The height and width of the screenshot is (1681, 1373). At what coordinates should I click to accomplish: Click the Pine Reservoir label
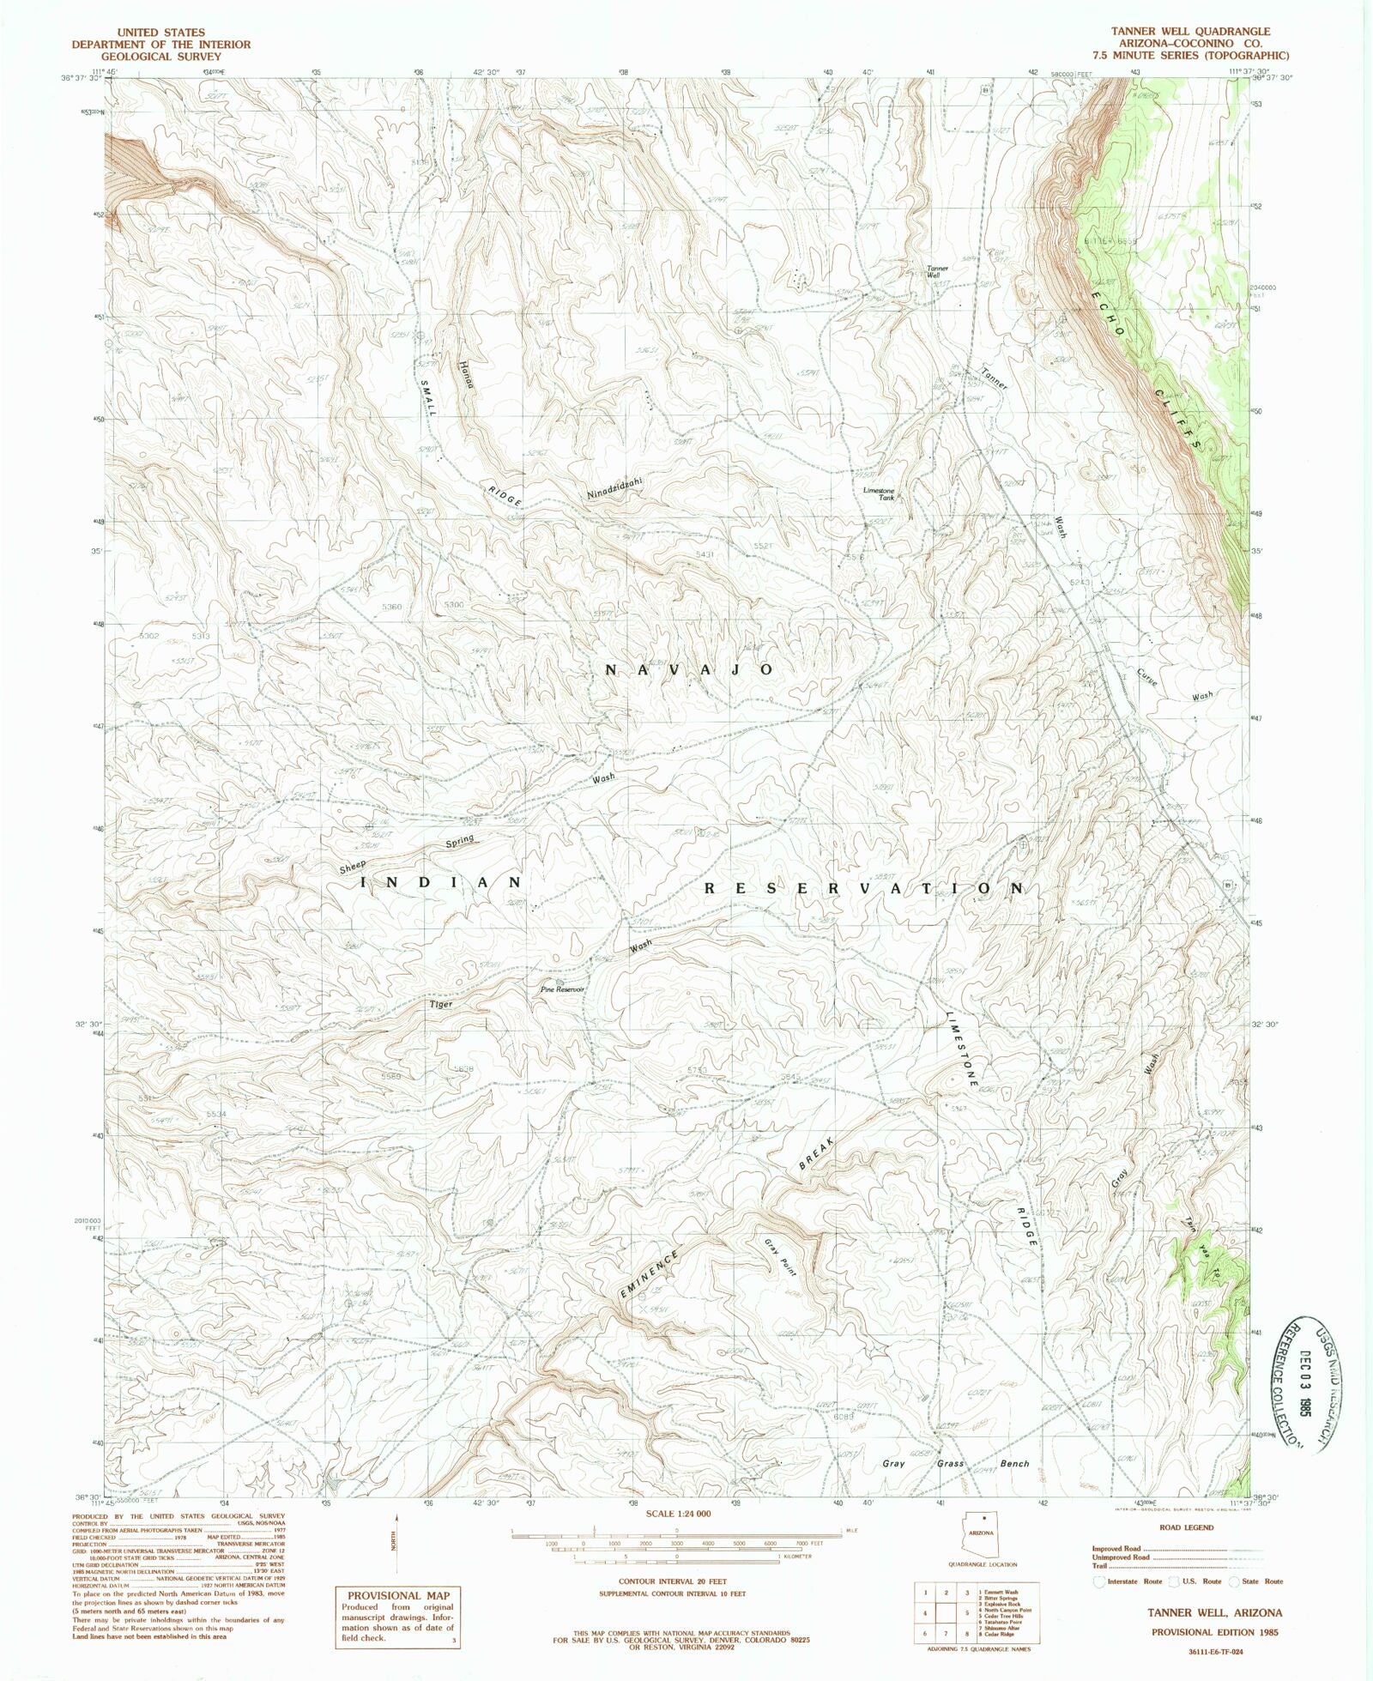coord(562,989)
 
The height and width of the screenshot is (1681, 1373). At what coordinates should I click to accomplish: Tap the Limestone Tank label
coord(879,493)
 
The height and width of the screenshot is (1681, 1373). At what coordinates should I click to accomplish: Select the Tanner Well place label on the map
coord(936,272)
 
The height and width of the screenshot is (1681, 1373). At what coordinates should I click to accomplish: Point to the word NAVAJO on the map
coord(690,669)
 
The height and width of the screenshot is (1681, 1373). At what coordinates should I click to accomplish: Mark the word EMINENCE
coord(650,1273)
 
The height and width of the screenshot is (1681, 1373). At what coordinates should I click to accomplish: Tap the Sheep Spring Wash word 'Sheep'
coord(352,868)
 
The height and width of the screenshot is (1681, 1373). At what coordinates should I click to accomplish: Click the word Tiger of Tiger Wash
coord(441,1003)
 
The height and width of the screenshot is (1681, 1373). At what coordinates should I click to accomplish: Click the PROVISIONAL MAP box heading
coord(396,1595)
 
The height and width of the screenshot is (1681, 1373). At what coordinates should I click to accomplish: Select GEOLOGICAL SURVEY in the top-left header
coord(161,56)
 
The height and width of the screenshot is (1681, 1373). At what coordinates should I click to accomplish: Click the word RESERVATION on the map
coord(864,889)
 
